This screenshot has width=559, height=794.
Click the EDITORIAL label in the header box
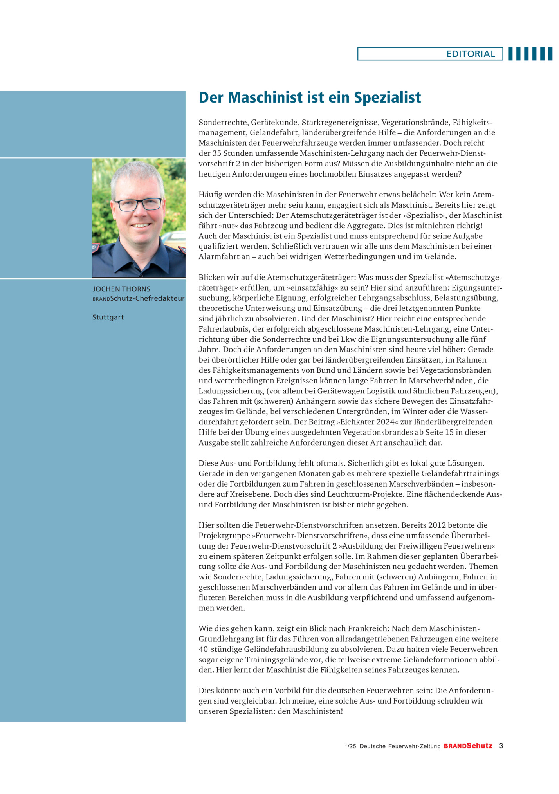coord(471,54)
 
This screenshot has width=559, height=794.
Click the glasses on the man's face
coord(138,204)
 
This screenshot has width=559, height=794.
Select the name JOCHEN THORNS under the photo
coord(121,289)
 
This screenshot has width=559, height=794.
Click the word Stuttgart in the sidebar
coord(108,317)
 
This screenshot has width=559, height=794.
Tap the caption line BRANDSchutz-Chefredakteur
coord(139,298)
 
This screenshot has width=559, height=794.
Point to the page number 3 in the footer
coord(501,746)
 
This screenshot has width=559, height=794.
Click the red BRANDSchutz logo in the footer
coord(468,746)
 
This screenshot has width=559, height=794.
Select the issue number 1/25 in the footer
coord(350,746)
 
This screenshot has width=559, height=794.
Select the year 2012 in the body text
coord(437,525)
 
